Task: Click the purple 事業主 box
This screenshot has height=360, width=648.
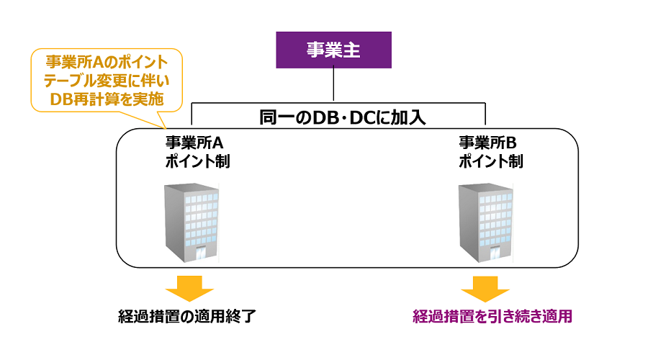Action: coord(333,50)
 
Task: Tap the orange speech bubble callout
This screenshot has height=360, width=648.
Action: coord(105,80)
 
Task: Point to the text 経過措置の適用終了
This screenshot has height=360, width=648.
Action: coord(186,317)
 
